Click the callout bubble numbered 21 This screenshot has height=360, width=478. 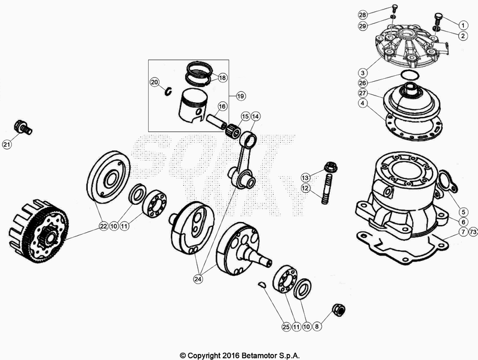(x=7, y=144)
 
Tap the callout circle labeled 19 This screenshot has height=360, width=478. (x=241, y=96)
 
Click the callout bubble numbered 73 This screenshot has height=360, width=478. (x=474, y=231)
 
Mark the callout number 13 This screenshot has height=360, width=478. (x=305, y=177)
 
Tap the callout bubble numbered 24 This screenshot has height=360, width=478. (x=197, y=278)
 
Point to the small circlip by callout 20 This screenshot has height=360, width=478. (x=169, y=91)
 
